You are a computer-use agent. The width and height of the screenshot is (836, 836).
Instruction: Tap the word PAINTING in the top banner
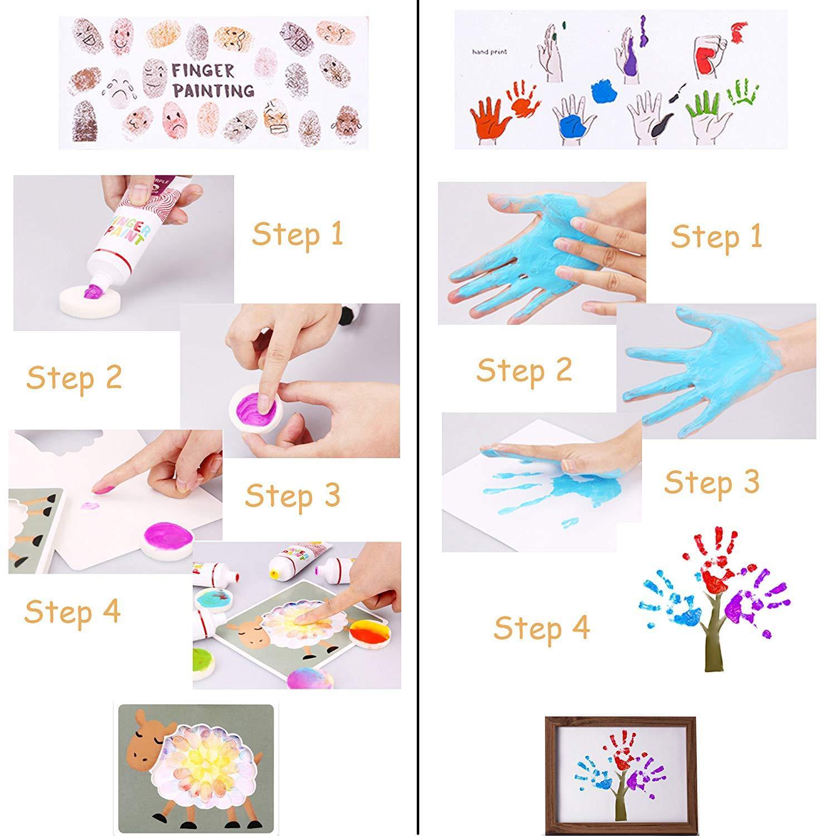213,90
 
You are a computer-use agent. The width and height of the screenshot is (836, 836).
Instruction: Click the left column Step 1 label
297,234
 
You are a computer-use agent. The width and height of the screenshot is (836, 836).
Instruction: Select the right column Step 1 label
716,237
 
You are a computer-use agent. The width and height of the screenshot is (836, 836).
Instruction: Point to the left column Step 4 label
72,611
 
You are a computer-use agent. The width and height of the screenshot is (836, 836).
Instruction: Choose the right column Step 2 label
524,370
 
